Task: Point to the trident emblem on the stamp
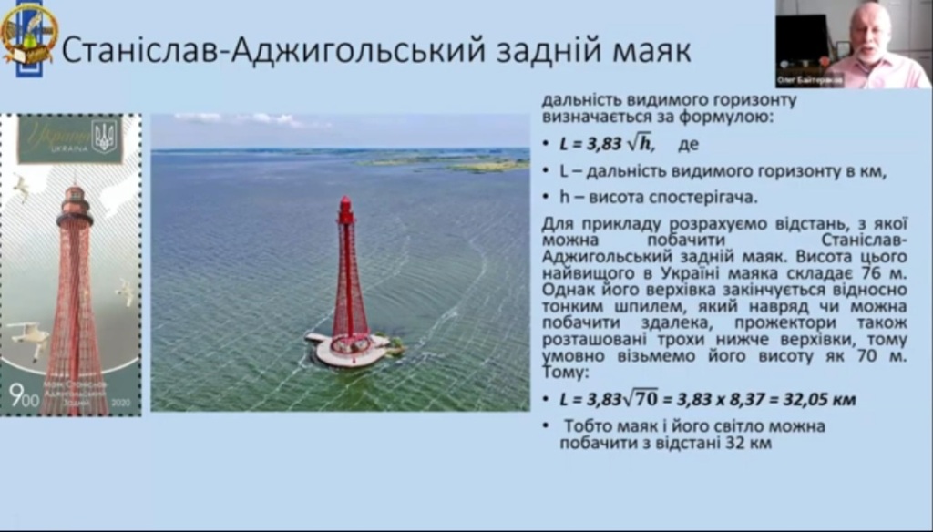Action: [x=104, y=138]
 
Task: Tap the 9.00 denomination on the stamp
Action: [x=18, y=394]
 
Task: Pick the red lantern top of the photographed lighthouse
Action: [x=345, y=210]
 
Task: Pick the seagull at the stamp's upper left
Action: [x=20, y=187]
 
